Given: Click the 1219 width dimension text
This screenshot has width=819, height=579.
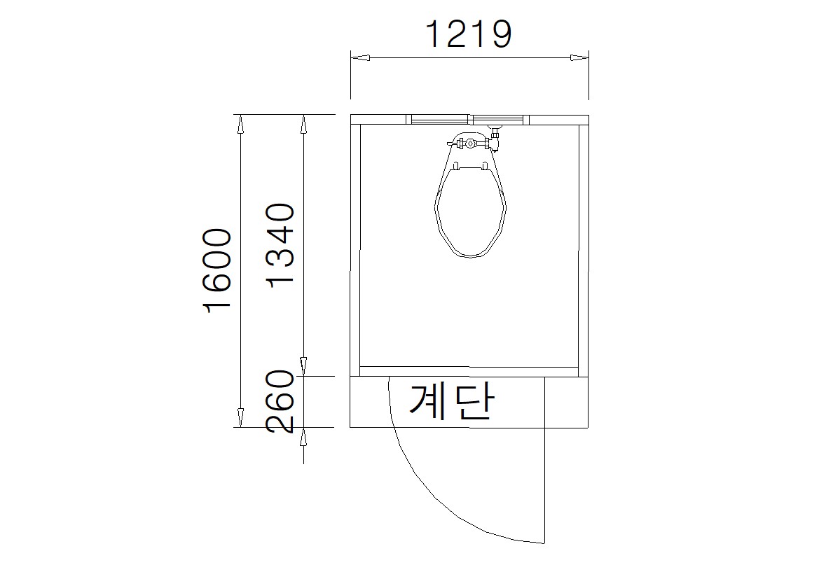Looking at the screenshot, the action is (469, 34).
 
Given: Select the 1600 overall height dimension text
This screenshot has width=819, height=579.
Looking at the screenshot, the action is (217, 270).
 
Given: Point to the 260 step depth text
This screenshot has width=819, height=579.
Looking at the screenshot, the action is (280, 401).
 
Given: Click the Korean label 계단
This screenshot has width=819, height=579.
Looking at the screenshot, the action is (451, 402).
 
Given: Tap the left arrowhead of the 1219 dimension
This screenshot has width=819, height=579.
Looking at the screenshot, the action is (360, 57).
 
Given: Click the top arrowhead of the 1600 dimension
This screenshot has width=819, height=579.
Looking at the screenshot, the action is (240, 124).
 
